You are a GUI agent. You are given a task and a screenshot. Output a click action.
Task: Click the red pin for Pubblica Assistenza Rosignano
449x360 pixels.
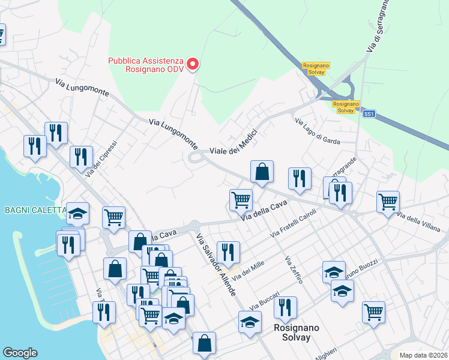click(193, 64)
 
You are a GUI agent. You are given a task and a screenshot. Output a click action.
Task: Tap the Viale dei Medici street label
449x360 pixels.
click(234, 143)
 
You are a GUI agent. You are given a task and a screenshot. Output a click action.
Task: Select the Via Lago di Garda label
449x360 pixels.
click(317, 131)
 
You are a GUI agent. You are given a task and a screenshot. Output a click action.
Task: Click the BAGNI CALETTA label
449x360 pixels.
click(34, 210)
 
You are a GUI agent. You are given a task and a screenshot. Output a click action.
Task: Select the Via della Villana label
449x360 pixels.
click(419, 222)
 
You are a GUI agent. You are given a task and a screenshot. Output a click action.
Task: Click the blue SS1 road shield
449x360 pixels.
click(369, 113)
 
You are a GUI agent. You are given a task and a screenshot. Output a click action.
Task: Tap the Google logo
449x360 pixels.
click(20, 353)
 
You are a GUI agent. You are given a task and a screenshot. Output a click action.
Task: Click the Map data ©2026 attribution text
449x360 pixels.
click(423, 355)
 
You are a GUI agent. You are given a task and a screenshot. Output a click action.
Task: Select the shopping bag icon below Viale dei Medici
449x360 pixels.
click(262, 172)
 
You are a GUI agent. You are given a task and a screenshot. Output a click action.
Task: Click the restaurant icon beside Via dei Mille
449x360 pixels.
click(229, 252)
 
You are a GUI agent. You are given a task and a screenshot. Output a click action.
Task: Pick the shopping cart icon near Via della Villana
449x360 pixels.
click(388, 202)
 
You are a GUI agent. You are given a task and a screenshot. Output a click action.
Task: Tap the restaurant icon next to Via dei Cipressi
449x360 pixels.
click(80, 157)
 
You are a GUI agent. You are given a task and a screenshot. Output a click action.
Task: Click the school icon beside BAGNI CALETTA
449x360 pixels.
click(77, 213)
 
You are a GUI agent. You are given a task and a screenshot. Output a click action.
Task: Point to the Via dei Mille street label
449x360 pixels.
click(249, 268)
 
